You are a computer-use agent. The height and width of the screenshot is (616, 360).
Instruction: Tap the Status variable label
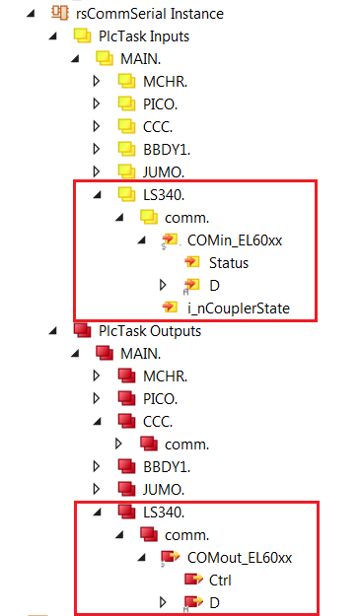point(228,263)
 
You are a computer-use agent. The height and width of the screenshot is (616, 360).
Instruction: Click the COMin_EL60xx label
point(234,240)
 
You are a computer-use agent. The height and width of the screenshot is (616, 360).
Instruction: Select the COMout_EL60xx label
point(238,557)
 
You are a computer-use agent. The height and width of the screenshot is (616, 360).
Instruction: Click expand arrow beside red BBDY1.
point(97,465)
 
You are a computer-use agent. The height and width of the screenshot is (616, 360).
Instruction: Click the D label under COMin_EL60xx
point(214,286)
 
